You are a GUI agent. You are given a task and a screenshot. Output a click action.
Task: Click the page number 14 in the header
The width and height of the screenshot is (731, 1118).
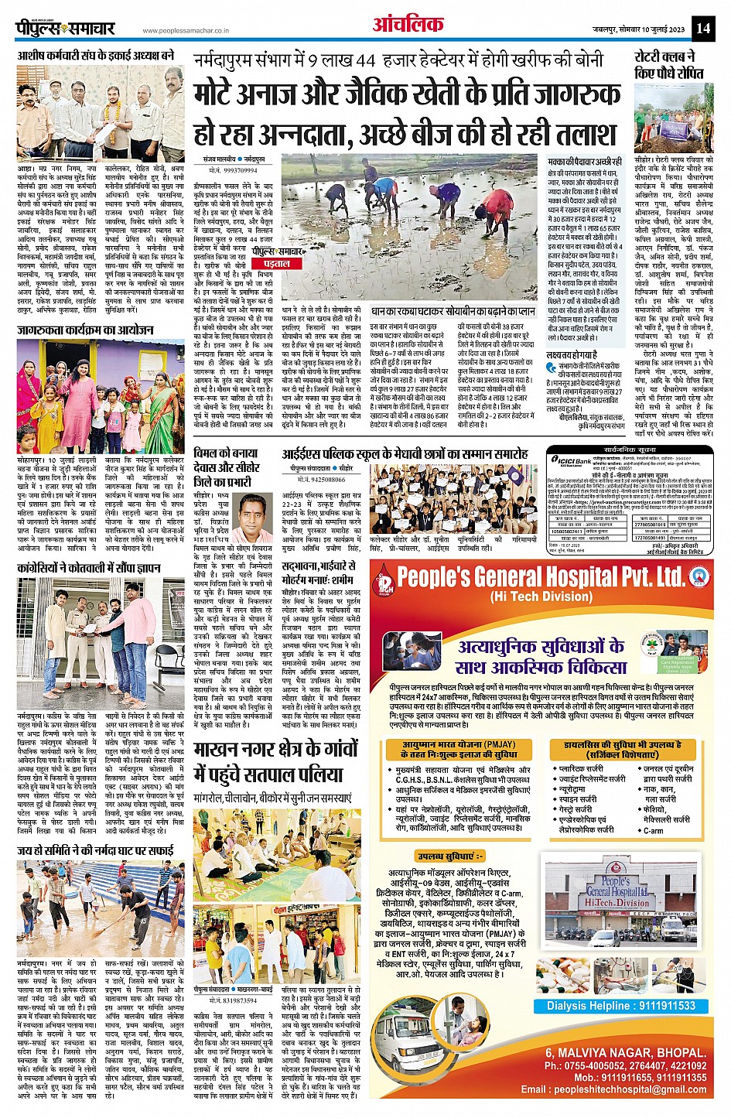[x=702, y=29]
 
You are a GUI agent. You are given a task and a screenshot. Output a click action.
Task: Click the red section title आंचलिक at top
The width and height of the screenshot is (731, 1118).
[x=408, y=26]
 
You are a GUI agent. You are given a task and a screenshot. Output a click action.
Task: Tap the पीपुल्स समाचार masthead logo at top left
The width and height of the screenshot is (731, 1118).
[x=67, y=29]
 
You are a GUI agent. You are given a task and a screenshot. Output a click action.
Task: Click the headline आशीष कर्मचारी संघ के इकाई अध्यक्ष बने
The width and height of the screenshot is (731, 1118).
[x=96, y=56]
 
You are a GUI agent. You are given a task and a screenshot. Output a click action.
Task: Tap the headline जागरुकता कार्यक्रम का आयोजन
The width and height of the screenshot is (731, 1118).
[x=86, y=330]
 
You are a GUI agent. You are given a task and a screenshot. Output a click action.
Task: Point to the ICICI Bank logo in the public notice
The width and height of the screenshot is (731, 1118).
[x=572, y=461]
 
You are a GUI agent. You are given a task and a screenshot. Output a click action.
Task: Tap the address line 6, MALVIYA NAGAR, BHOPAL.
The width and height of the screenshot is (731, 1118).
[x=626, y=1053]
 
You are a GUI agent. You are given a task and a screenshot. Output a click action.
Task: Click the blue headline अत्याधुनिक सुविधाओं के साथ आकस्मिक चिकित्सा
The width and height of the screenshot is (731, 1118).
[x=541, y=656]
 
